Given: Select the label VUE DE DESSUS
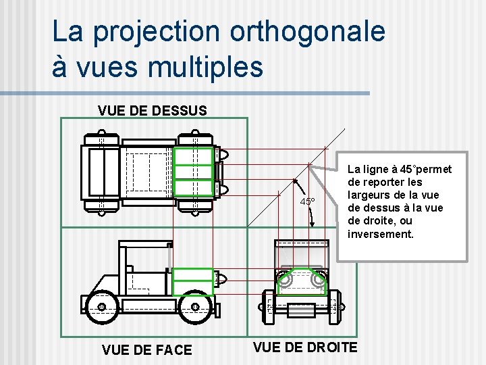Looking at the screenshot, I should coord(152,109).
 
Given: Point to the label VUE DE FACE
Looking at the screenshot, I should coord(146,349).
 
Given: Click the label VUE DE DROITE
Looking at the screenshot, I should coord(305,347).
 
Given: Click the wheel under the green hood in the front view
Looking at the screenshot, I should coord(194,307).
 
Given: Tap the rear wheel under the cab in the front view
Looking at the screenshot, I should coord(101,307).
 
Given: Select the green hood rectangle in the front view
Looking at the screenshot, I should coord(192,278).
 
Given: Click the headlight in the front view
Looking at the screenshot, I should coord(221,277).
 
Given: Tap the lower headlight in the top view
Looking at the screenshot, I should coord(223,191).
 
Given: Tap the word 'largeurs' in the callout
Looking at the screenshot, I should coord(369,195).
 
